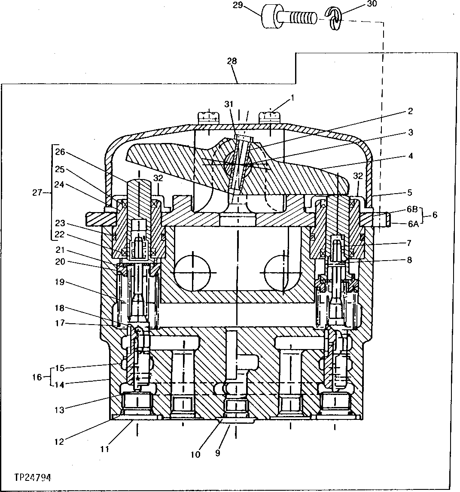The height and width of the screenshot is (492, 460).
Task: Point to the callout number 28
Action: pos(232,61)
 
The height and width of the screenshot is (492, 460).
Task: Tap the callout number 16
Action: pos(37,377)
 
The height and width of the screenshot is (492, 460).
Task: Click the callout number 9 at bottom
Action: pos(218,453)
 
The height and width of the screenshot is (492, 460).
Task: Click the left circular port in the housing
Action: pos(193,272)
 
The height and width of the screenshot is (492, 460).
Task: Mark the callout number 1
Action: pos(293,98)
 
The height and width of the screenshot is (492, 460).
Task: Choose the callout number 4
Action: pos(410,156)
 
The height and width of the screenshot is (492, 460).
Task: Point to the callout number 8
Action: pos(409,260)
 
